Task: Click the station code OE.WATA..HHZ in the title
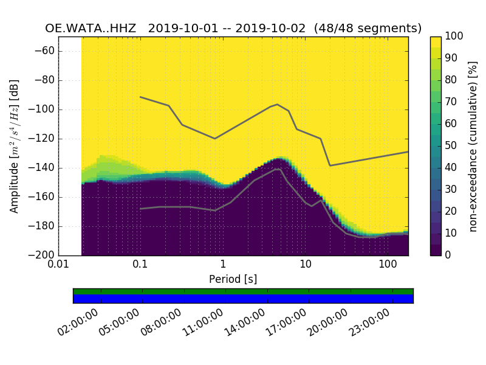point(92,29)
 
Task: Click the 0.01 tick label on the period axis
point(58,265)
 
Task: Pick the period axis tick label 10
point(306,265)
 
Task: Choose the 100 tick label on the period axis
point(388,265)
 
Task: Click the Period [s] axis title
point(233,279)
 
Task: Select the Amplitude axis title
point(14,146)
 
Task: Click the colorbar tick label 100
point(455,36)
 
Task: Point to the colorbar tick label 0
point(449,255)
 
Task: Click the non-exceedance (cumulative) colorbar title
point(474,146)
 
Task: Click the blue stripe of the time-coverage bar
point(243,299)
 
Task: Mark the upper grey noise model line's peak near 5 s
point(278,104)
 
